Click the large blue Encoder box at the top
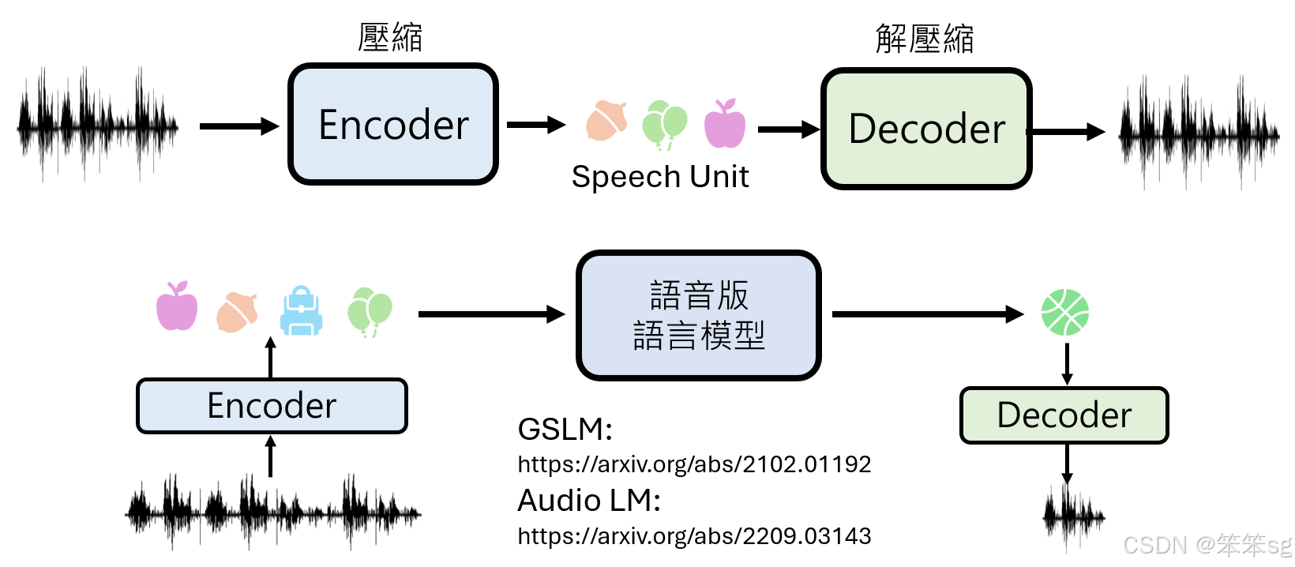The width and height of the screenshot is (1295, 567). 393,125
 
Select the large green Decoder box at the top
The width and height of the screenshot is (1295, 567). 926,129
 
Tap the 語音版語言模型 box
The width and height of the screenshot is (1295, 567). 699,315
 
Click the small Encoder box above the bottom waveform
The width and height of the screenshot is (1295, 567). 272,406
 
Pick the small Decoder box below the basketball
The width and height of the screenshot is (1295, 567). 1064,415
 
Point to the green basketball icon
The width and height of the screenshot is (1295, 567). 1065,312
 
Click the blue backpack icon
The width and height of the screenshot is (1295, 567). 302,311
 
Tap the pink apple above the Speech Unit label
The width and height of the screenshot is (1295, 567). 725,124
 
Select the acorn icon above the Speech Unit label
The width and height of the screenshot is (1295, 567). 606,121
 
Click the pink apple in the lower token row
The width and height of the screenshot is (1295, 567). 177,306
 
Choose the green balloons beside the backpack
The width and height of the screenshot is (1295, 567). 369,311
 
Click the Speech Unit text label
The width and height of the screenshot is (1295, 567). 660,177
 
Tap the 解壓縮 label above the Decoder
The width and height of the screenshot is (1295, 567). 925,39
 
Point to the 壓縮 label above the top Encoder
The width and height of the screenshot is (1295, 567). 390,37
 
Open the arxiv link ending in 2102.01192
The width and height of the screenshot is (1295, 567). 694,464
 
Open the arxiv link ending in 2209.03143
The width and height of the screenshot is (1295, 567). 694,536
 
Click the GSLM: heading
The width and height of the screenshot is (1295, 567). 565,430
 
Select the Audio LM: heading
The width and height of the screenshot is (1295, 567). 589,501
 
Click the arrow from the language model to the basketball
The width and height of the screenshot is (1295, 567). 927,314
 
